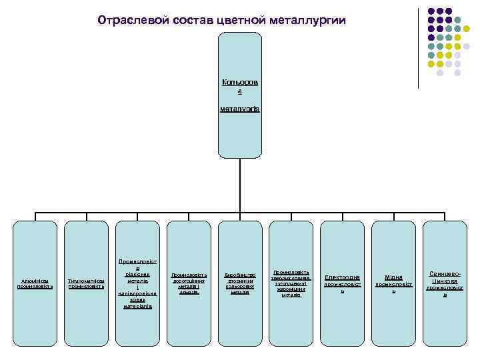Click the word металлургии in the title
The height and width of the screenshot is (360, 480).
click(308, 20)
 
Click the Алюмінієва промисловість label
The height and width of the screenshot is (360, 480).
click(35, 283)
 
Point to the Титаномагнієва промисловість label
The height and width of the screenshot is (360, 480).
click(86, 283)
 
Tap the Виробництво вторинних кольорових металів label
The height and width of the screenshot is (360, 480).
click(240, 283)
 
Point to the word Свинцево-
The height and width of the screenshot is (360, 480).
click(445, 273)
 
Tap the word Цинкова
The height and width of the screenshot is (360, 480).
click(445, 281)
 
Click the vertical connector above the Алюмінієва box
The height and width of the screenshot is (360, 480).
click(35, 217)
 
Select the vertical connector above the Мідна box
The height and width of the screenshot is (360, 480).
click(393, 217)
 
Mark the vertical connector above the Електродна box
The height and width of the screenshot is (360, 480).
click(342, 217)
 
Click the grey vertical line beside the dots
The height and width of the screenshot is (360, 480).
click(419, 47)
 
